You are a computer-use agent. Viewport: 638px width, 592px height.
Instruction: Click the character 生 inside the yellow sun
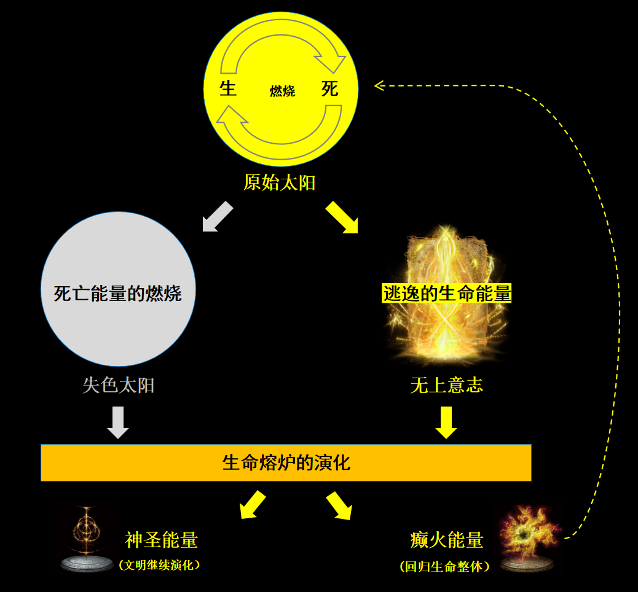(x=228, y=88)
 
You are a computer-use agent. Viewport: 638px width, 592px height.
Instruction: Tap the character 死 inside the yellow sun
(x=330, y=88)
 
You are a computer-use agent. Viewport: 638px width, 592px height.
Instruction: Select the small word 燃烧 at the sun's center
(x=282, y=91)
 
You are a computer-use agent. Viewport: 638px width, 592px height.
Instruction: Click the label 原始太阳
(x=280, y=182)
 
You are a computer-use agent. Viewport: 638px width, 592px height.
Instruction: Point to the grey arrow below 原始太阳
(x=218, y=217)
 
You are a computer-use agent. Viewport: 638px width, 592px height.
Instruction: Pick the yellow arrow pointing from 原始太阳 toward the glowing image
(x=342, y=217)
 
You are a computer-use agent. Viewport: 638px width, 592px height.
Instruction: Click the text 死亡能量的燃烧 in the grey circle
(x=118, y=293)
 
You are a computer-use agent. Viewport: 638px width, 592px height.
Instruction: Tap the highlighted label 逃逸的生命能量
(x=447, y=294)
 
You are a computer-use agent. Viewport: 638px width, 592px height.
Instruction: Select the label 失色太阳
(x=119, y=385)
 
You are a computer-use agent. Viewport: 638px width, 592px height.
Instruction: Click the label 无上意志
(x=447, y=385)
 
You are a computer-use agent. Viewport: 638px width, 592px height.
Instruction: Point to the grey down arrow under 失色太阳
(x=118, y=423)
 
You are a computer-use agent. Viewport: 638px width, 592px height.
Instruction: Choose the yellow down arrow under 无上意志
(x=446, y=423)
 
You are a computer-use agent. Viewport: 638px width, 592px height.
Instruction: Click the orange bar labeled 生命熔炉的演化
(x=286, y=462)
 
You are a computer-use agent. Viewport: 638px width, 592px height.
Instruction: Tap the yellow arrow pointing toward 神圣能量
(x=253, y=505)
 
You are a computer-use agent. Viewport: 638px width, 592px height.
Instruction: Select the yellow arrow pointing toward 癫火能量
(x=339, y=505)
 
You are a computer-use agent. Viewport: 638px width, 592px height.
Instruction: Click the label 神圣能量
(x=162, y=540)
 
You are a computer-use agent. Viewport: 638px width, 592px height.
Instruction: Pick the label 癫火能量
(x=447, y=540)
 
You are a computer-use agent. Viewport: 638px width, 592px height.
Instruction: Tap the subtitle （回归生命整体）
(x=445, y=566)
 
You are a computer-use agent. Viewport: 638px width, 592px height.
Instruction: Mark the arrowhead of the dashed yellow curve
(x=379, y=85)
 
